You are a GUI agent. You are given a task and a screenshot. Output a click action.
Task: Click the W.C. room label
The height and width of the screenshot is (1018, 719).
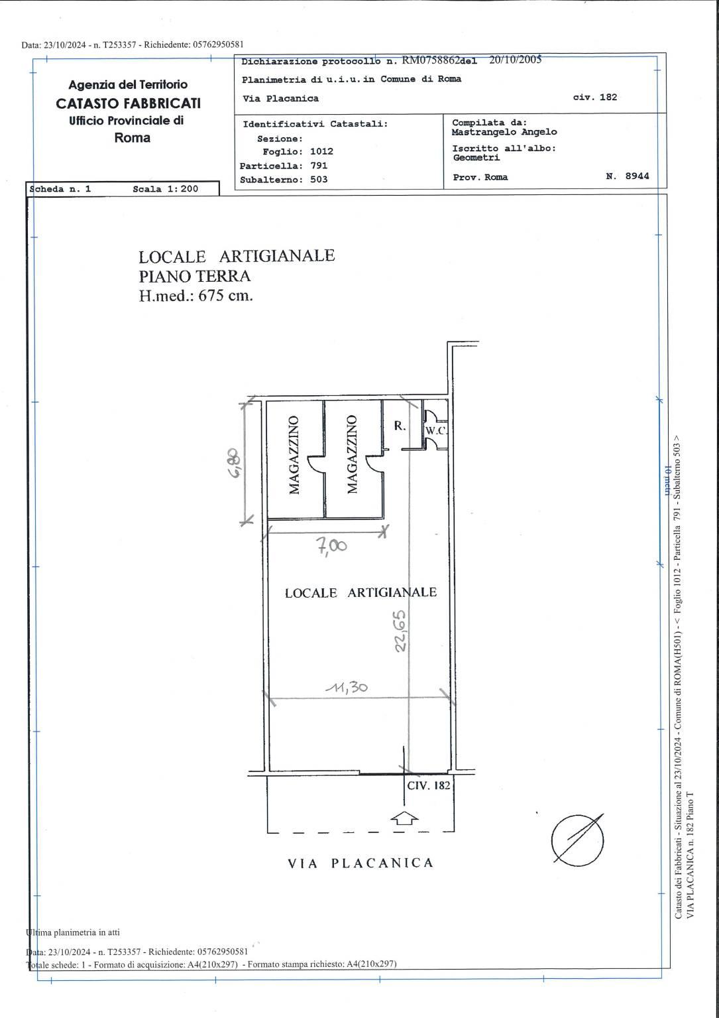coord(436,431)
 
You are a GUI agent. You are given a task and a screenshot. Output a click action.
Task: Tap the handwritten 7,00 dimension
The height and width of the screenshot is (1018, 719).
coord(332,546)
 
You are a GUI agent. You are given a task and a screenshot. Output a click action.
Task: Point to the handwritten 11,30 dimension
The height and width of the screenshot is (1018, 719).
coord(347,687)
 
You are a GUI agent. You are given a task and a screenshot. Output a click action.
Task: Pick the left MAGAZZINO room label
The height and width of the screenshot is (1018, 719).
coord(294,455)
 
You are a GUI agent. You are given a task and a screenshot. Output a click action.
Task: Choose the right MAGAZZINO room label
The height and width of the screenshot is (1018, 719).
coord(352,454)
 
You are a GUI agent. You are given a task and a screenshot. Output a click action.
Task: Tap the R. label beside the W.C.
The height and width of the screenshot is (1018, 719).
coord(400,426)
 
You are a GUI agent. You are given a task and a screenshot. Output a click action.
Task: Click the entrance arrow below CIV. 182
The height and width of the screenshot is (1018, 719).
coord(404,818)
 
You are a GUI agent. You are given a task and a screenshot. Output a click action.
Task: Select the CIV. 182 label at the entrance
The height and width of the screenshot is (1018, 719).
coord(428,785)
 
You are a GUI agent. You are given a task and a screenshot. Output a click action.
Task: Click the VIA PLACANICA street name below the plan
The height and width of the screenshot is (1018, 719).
coord(360,863)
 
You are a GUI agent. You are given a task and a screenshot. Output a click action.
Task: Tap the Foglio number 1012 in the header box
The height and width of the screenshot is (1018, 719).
coord(321,151)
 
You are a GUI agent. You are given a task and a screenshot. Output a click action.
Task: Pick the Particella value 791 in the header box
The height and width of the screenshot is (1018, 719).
coord(319,165)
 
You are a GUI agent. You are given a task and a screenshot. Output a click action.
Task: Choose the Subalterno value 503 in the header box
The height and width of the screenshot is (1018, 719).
coord(319,179)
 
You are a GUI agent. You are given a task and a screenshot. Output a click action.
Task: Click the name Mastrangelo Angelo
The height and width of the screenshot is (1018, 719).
coord(504,132)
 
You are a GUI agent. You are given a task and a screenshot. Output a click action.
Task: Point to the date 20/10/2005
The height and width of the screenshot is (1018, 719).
coord(515,60)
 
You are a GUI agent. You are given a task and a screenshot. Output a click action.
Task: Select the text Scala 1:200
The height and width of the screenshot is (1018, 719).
coord(165,189)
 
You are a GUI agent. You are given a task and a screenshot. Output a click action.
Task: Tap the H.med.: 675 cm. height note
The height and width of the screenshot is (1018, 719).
coord(195,296)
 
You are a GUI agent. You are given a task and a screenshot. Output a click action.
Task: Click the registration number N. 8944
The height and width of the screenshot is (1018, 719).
coord(628,176)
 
